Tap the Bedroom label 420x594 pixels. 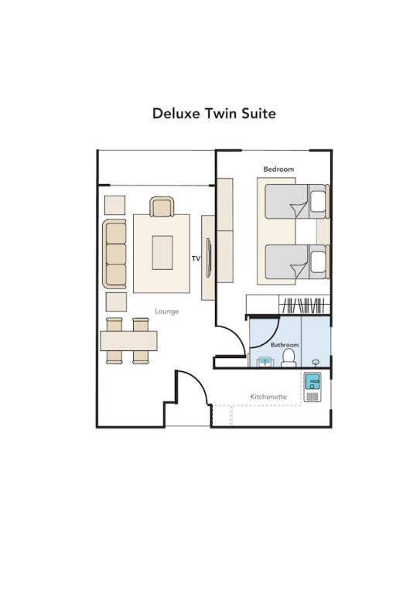[x=278, y=169]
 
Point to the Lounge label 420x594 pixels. [x=166, y=312]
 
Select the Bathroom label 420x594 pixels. [x=284, y=344]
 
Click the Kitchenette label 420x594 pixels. [x=268, y=397]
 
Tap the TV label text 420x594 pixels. [x=196, y=258]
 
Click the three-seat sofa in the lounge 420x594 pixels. [x=114, y=254]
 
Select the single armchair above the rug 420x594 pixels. [x=162, y=207]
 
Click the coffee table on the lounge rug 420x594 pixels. [x=162, y=252]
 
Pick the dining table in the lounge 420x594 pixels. [x=128, y=340]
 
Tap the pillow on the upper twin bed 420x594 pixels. [x=317, y=202]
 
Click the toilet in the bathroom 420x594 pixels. [x=289, y=357]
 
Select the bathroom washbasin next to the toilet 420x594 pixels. [x=264, y=360]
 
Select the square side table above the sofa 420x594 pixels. [x=114, y=205]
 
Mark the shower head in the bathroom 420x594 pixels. [x=316, y=361]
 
